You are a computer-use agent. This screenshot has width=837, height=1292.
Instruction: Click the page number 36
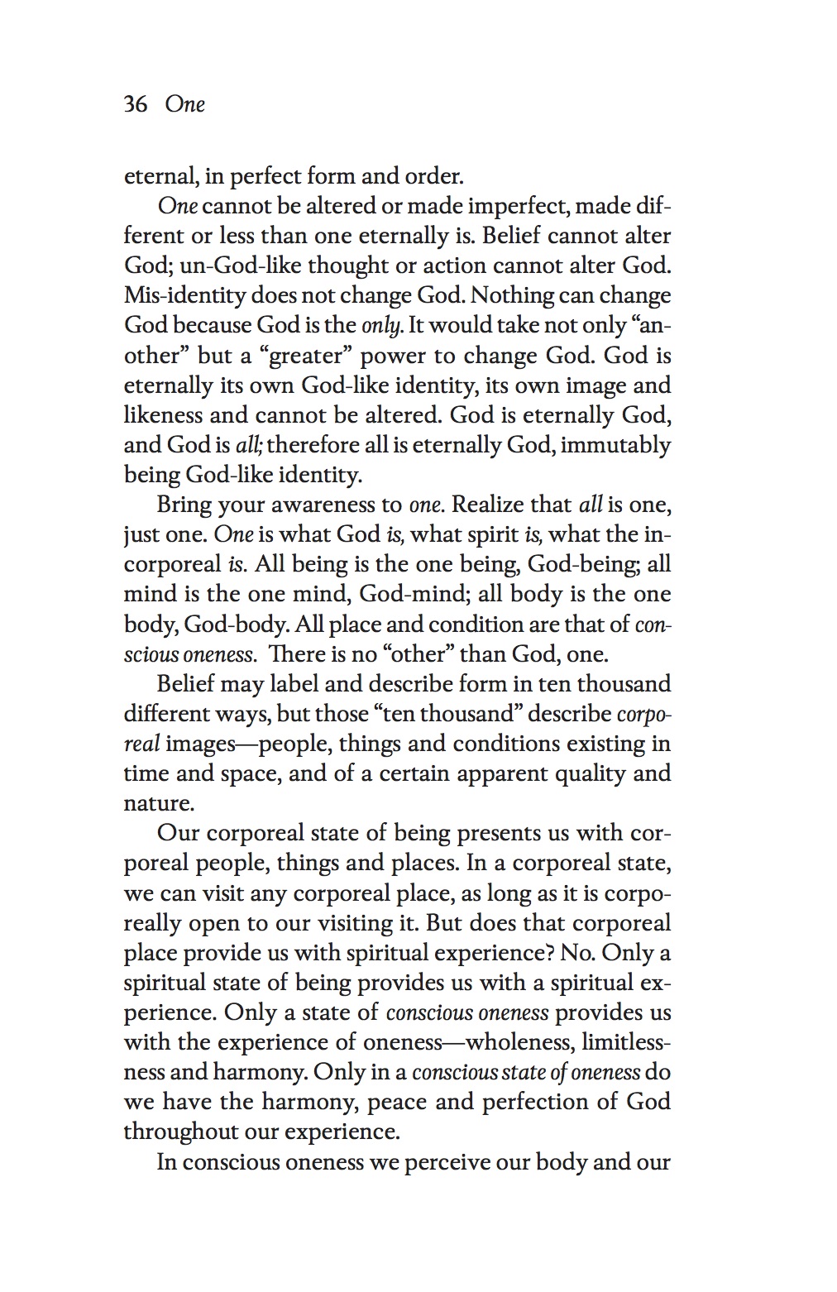tap(136, 104)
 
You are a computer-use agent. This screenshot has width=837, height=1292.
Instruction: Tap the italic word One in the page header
tap(184, 104)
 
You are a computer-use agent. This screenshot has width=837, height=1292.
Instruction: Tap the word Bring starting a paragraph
tap(184, 505)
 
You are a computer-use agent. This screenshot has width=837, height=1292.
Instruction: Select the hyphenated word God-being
tap(587, 564)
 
